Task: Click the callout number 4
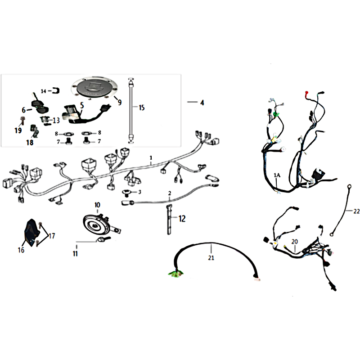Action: (x=202, y=103)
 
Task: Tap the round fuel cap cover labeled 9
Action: (x=94, y=88)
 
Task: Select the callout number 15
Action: (x=142, y=108)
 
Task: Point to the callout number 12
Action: (x=182, y=219)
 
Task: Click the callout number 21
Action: (x=211, y=257)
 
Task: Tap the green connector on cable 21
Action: (x=175, y=273)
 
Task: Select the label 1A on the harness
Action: (x=277, y=175)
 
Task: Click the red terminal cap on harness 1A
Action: (x=306, y=93)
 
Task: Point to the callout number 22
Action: (x=356, y=211)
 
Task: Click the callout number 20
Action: (x=295, y=242)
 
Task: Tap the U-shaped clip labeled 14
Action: (x=56, y=91)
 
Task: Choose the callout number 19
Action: (x=18, y=130)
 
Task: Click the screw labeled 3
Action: (x=126, y=193)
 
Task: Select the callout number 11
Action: (x=75, y=253)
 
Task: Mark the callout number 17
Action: (x=52, y=236)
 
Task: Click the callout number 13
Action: (x=56, y=120)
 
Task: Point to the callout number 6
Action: (x=24, y=110)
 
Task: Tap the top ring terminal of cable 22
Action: (x=350, y=186)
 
